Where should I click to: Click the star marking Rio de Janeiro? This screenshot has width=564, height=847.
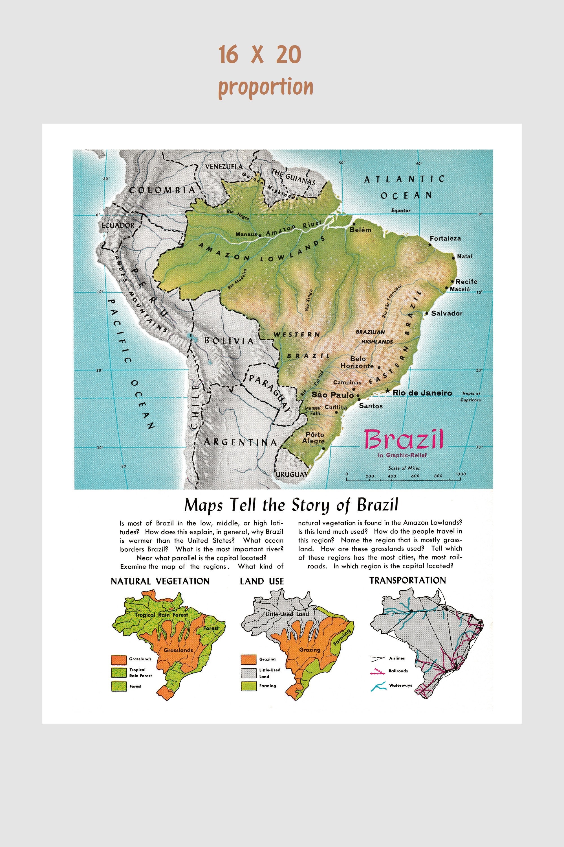click(387, 391)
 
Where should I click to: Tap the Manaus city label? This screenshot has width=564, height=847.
click(246, 234)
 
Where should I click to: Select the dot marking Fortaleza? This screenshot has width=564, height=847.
click(429, 245)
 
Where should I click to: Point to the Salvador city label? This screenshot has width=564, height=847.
click(446, 313)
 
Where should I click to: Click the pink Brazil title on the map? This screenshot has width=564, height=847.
click(404, 439)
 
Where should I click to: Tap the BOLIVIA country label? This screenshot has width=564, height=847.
click(229, 341)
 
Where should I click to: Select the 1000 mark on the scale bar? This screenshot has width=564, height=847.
click(460, 474)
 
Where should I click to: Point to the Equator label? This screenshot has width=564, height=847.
click(401, 210)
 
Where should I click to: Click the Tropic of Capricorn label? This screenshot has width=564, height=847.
click(471, 396)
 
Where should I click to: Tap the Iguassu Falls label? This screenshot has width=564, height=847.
click(312, 411)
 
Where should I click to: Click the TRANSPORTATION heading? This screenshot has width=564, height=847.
click(407, 580)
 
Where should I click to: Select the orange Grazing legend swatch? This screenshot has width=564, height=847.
click(248, 659)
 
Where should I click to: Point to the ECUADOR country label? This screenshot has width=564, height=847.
click(118, 225)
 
